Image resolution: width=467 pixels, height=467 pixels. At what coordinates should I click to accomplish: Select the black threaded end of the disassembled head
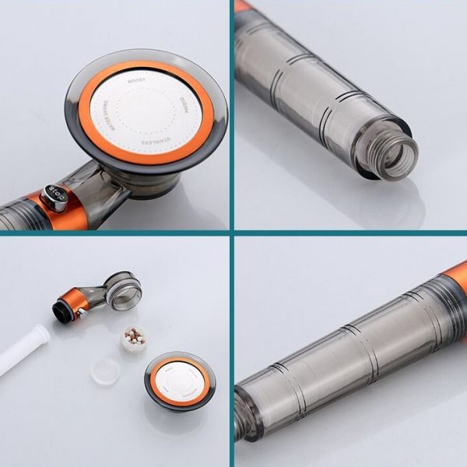click(x=60, y=311)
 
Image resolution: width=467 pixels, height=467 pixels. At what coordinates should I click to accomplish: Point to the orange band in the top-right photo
click(x=243, y=5)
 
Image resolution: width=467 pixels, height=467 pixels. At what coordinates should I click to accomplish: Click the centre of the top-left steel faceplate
click(x=146, y=113)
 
